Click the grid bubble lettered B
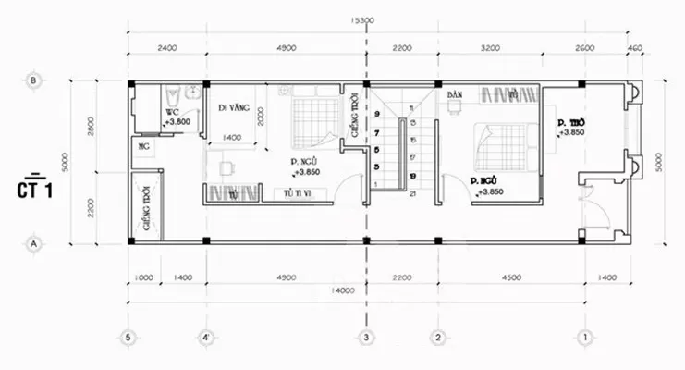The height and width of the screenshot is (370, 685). [33, 80]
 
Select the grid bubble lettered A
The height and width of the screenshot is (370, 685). [33, 243]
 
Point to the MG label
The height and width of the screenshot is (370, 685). [144, 147]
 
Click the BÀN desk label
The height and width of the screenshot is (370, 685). [454, 95]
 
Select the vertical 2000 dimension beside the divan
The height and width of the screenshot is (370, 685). [262, 116]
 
